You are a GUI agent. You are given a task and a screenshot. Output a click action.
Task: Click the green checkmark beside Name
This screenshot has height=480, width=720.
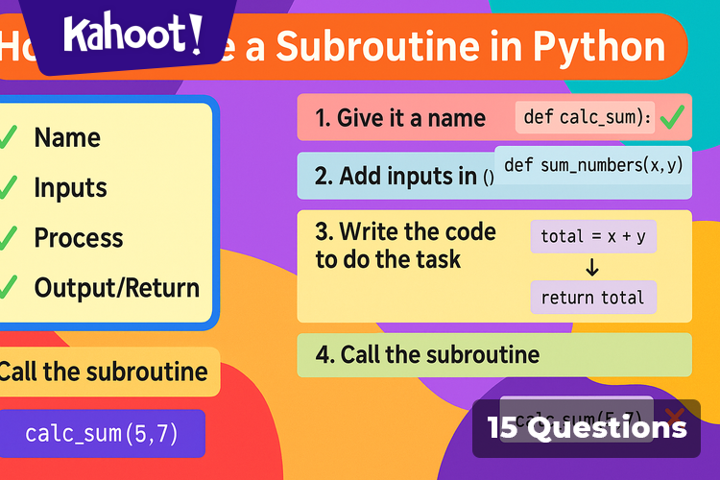tap(8, 137)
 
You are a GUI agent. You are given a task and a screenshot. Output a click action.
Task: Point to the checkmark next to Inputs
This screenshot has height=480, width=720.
tap(8, 187)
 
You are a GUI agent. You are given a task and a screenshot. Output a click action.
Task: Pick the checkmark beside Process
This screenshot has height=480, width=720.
tap(8, 237)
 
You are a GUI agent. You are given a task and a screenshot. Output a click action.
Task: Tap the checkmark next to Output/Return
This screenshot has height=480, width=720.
tap(8, 287)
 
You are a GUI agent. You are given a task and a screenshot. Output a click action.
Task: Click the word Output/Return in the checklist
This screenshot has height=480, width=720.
tap(117, 287)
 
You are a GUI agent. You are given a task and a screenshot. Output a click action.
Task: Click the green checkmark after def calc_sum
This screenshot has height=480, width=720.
tap(672, 118)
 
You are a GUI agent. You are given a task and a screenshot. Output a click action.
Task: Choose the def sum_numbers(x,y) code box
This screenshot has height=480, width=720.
tap(592, 165)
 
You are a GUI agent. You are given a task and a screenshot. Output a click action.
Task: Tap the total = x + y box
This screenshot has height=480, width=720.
tap(592, 236)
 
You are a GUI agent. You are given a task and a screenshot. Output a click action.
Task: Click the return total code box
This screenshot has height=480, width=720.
tap(592, 298)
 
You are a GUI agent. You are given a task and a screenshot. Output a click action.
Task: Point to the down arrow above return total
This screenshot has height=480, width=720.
tap(592, 268)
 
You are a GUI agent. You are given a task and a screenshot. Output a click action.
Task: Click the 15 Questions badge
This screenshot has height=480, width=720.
tap(587, 428)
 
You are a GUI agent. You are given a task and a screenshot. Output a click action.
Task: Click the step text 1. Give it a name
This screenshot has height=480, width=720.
tap(399, 118)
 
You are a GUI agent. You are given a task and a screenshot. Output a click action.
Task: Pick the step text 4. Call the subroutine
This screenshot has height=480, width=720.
tap(427, 354)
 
